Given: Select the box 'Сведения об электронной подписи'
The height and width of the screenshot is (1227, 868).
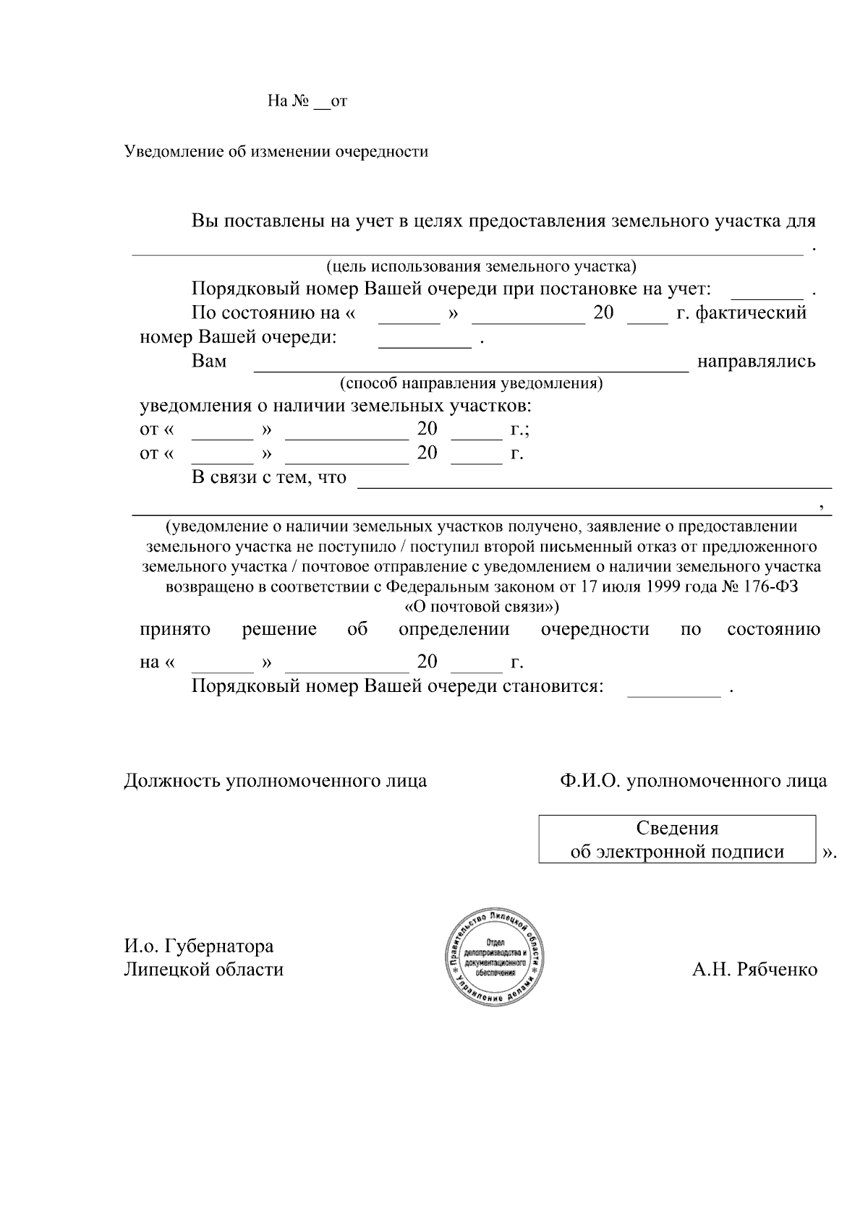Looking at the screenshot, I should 677,839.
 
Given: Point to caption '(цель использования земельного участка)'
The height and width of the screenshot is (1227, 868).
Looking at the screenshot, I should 481,267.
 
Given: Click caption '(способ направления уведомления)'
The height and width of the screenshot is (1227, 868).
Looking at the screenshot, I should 471,383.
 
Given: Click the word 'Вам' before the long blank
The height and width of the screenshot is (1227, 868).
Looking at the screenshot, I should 209,361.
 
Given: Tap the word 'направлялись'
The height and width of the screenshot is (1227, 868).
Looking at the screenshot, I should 756,361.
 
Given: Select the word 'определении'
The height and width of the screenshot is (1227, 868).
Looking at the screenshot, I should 454,629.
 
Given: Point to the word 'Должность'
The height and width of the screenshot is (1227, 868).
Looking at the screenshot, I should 171,781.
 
